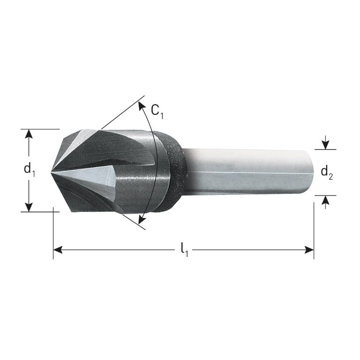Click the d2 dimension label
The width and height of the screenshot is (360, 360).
tap(326, 172)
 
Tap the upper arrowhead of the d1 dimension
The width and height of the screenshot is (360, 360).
tap(29, 134)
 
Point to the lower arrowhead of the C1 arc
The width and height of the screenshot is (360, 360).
tap(141, 219)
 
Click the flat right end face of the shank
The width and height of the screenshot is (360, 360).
tap(309, 172)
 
